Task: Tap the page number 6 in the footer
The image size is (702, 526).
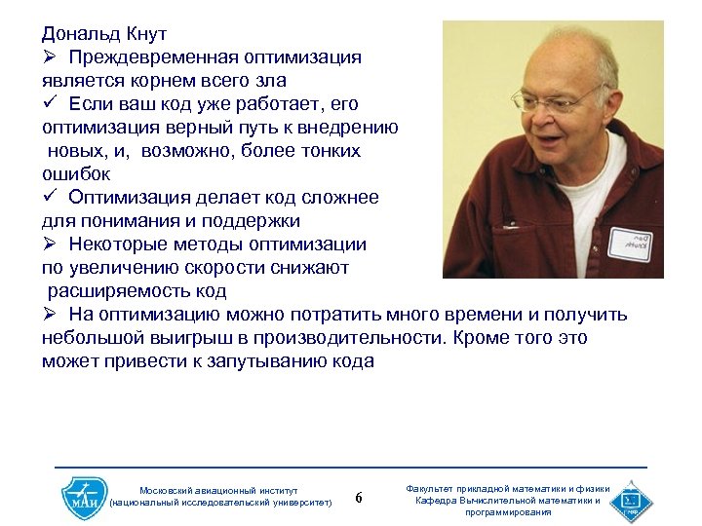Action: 359,499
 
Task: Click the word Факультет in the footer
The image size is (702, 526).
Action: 436,489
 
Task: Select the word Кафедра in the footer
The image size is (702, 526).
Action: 437,501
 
